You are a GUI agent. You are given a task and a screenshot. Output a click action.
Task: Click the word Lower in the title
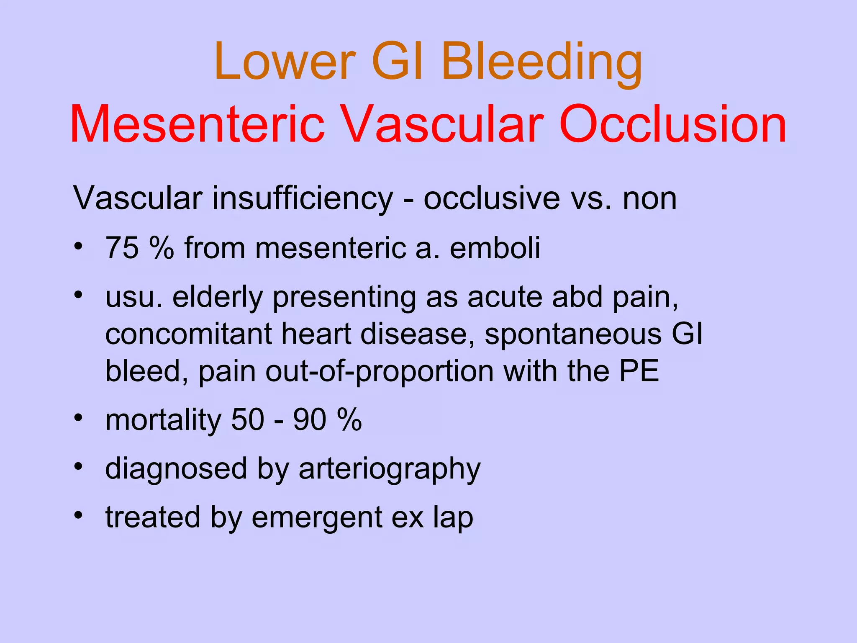[285, 63]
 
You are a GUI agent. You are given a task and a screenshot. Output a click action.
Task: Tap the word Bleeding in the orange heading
[541, 63]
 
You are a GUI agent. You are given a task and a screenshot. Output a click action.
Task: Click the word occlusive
[492, 198]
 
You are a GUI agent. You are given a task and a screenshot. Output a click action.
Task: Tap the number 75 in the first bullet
[122, 248]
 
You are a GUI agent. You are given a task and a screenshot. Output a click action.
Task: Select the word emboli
[495, 248]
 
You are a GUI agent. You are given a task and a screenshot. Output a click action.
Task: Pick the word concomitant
[187, 334]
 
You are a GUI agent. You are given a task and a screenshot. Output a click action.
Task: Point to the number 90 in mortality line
[309, 420]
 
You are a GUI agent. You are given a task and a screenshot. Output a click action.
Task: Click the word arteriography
[389, 469]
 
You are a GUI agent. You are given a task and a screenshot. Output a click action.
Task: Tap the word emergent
[317, 517]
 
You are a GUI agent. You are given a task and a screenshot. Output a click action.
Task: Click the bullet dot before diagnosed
[78, 466]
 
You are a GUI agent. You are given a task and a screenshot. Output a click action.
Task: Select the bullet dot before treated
[78, 514]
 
